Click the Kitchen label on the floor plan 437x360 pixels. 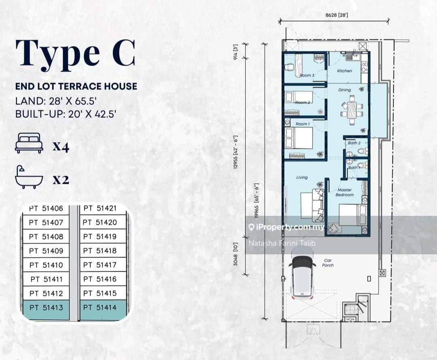click(344, 71)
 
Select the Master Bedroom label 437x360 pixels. click(344, 192)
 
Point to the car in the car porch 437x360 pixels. click(302, 276)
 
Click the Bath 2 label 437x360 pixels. click(354, 143)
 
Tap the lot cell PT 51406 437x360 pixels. click(46, 208)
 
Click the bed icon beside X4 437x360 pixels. click(29, 143)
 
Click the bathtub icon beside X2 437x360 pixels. click(29, 177)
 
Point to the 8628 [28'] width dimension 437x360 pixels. click(337, 15)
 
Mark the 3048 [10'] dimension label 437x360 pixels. click(236, 254)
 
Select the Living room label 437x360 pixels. click(302, 177)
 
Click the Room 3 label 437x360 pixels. click(307, 75)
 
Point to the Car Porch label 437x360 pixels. click(328, 263)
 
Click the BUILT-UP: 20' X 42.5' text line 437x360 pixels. click(66, 114)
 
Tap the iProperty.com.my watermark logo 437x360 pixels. click(286, 227)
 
